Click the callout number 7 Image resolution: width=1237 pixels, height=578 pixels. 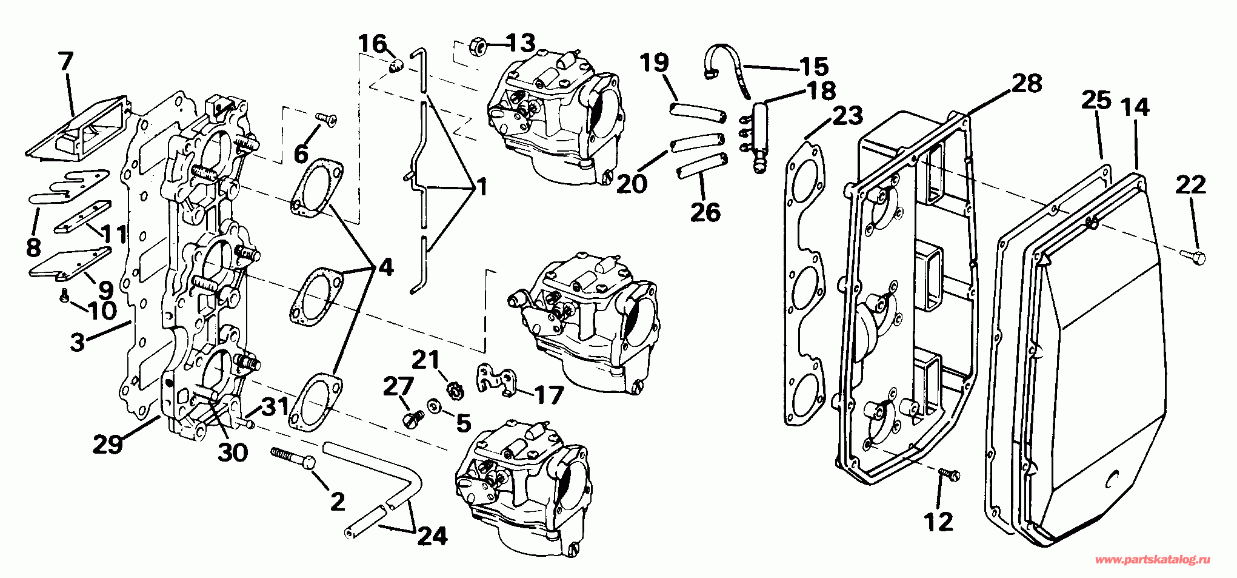pos(66,61)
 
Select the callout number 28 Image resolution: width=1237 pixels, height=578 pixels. pos(1027,84)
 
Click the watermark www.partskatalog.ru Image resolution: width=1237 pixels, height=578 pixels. pos(1152,560)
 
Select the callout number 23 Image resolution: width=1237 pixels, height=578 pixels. pos(847,115)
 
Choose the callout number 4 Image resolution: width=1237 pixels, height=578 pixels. pos(385,266)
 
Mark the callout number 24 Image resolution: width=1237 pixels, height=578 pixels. pos(432,536)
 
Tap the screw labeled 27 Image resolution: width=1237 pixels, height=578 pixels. pos(413,418)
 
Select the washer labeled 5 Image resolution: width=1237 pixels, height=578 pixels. pos(435,406)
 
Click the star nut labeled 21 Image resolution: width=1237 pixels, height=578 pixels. pos(452,389)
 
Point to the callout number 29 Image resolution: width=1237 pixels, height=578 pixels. pos(108,444)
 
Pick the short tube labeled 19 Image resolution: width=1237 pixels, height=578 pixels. pos(697,112)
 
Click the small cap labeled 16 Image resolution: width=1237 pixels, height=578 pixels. pos(395,65)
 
